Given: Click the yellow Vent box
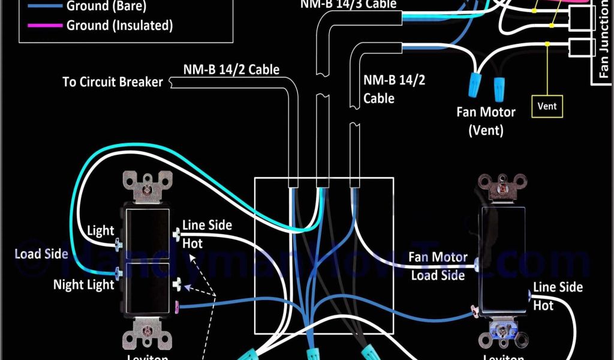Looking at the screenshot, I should click(547, 106).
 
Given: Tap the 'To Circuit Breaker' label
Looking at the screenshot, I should click(113, 82).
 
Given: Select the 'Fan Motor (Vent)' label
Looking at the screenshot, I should click(486, 121).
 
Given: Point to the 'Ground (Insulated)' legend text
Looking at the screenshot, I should click(119, 26).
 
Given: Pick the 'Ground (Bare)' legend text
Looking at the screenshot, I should click(106, 7).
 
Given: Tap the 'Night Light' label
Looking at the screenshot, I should click(83, 284).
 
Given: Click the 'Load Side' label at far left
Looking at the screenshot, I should click(41, 254).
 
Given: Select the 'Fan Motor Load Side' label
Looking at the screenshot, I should click(438, 266).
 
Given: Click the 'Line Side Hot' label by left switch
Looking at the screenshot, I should click(207, 234).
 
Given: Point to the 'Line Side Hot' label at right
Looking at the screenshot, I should click(558, 296).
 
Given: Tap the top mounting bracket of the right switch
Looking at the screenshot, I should click(502, 187).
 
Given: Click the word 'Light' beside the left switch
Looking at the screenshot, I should click(100, 230).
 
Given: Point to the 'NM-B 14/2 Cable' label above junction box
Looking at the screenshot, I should click(231, 70).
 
